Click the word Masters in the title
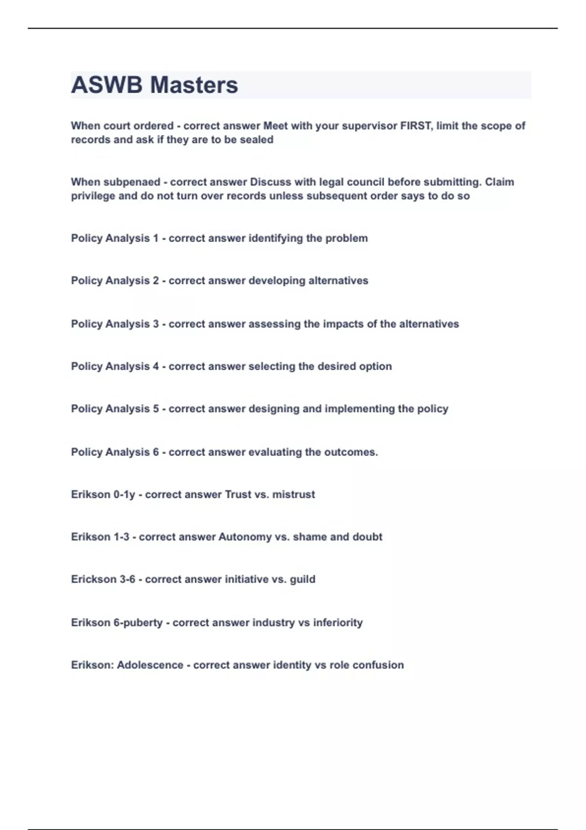[x=194, y=85]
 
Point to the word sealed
[x=256, y=140]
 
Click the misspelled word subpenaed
[x=132, y=182]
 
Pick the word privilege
[x=92, y=196]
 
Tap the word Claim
[x=500, y=182]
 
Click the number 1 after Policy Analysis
[x=156, y=238]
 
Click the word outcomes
[x=350, y=452]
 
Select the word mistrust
[x=293, y=495]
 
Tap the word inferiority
[x=338, y=622]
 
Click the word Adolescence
[x=150, y=665]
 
